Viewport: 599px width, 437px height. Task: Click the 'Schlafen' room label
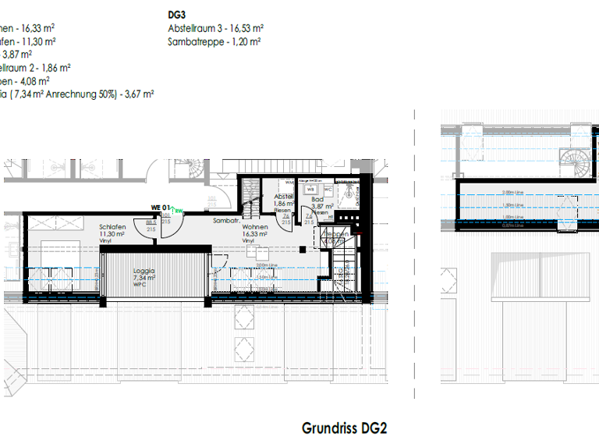(113, 227)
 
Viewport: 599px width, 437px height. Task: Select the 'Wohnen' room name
(255, 227)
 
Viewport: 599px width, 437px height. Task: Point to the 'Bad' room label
(317, 200)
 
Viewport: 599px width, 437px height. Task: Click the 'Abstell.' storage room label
(283, 197)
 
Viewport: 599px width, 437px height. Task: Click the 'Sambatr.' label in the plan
(225, 221)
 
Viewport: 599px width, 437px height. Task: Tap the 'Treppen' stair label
(337, 233)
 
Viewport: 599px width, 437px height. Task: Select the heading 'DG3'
(176, 15)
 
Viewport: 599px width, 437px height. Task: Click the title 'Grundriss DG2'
(344, 428)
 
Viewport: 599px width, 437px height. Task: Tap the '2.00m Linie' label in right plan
(512, 192)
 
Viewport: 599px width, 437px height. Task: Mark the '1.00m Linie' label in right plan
(512, 217)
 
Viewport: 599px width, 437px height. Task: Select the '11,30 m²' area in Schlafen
(113, 234)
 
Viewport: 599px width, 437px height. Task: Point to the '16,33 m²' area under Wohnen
(255, 234)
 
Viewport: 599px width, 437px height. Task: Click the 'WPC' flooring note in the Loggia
(145, 284)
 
